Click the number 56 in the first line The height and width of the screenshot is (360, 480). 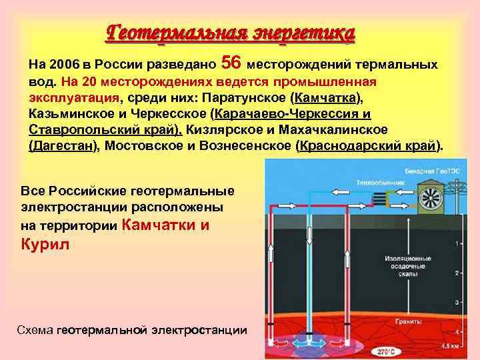(230, 63)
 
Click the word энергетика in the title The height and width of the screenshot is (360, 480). (303, 32)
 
